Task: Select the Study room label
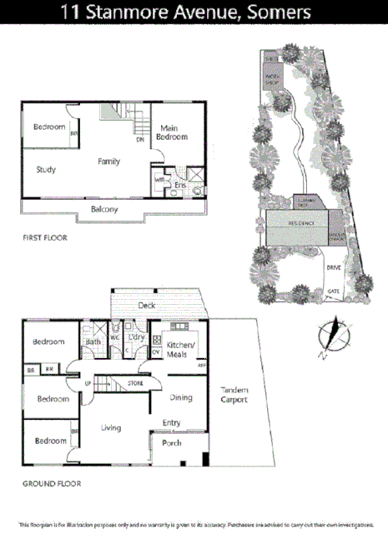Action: [46, 170]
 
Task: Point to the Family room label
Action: [108, 162]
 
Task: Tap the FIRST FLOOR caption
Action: [44, 238]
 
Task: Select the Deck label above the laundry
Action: [148, 306]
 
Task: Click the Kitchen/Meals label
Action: [181, 349]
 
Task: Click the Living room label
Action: [111, 428]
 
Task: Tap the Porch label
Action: [172, 442]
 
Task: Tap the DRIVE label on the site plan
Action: [334, 267]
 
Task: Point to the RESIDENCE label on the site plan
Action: [301, 223]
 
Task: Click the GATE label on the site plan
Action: [334, 291]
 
